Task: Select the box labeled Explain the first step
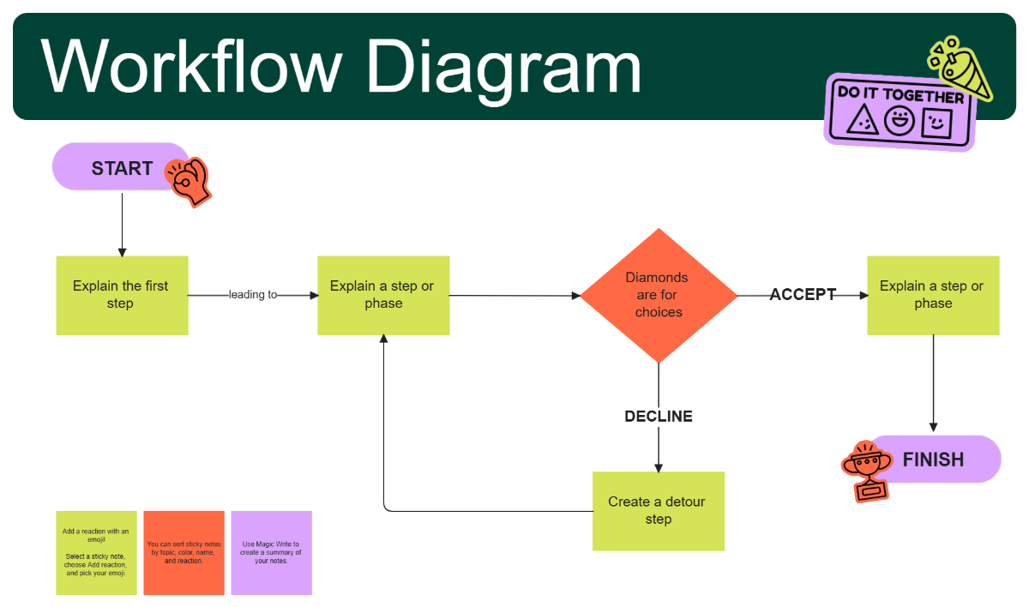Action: click(x=122, y=295)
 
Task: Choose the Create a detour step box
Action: click(x=659, y=511)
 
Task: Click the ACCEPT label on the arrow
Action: click(x=803, y=295)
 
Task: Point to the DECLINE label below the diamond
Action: click(x=659, y=417)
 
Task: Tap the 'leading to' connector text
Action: click(x=252, y=295)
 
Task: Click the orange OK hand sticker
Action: click(x=189, y=181)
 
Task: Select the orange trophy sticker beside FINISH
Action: click(x=866, y=471)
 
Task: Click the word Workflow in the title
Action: click(x=190, y=67)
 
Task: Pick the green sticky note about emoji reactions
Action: click(x=96, y=552)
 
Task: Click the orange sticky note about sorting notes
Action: click(x=184, y=552)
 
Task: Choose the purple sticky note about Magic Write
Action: click(x=271, y=552)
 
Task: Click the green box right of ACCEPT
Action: click(x=933, y=295)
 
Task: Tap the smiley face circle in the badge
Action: click(x=900, y=121)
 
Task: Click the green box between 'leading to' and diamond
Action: click(x=383, y=295)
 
